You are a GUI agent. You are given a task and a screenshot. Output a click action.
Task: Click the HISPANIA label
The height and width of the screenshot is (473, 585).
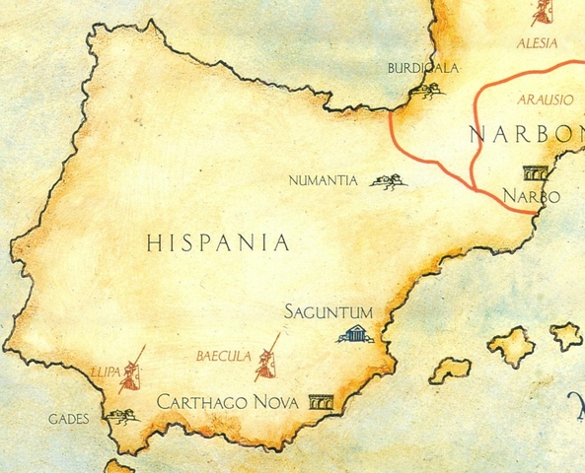(218, 242)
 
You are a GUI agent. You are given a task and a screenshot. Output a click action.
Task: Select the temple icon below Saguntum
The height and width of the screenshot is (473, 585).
(355, 334)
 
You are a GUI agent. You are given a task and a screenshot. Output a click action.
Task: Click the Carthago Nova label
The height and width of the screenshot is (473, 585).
(229, 402)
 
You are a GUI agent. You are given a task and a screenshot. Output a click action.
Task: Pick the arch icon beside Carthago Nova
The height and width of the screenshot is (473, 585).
(320, 402)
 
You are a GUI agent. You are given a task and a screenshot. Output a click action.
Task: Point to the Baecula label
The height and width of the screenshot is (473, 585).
(223, 355)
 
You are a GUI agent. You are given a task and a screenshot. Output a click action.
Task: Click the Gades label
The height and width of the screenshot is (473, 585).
(69, 419)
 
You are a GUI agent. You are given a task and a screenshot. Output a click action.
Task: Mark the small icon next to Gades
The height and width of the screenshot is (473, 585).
(122, 418)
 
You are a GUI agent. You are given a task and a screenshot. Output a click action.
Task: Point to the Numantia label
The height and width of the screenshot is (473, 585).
(323, 181)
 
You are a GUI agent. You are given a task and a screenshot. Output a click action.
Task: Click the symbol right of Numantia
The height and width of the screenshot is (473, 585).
(386, 181)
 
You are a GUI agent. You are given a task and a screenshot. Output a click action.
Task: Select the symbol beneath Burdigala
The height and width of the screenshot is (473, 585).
(427, 93)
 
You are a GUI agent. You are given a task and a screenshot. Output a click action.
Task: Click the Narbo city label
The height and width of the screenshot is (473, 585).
(531, 197)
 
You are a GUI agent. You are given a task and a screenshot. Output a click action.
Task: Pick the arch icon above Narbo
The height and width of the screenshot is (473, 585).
(537, 171)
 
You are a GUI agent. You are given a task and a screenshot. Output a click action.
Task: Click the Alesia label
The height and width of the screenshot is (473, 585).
(538, 43)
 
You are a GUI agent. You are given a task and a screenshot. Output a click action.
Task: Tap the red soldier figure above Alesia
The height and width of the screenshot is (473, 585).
(542, 13)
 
